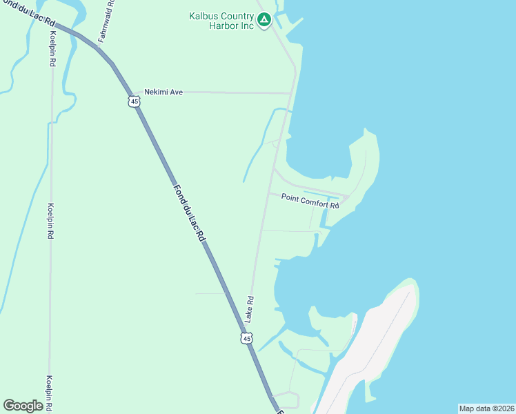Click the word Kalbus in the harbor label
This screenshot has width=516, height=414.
coord(204,16)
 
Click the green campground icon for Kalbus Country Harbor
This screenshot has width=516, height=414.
coord(264,21)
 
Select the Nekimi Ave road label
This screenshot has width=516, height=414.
coord(163,92)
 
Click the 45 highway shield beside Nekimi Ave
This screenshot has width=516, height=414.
coord(134,101)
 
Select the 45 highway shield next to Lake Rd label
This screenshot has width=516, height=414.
coord(247,338)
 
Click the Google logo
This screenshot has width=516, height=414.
coord(23,406)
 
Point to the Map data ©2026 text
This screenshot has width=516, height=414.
coord(486,408)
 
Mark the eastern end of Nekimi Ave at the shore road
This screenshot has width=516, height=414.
coord(291,92)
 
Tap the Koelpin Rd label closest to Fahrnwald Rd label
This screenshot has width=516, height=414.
coord(52,48)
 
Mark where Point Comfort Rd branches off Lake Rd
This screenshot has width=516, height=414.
coord(268,194)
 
